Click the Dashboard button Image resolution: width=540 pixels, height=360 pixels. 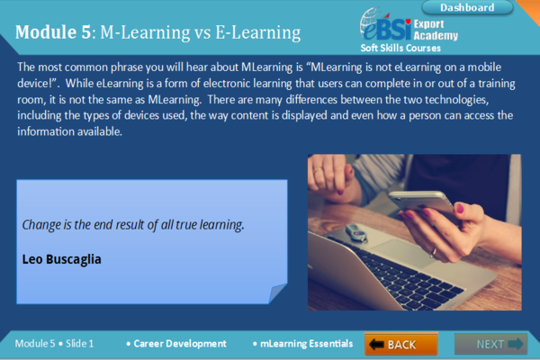pos(467,8)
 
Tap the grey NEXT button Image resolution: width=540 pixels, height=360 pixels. pos(490,344)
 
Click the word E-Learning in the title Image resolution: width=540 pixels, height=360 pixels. pos(255,34)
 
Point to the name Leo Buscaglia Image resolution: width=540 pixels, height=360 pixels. pos(62,259)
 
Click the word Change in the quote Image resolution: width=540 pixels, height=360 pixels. pos(41,223)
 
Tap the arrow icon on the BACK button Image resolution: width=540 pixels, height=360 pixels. pos(377,344)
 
